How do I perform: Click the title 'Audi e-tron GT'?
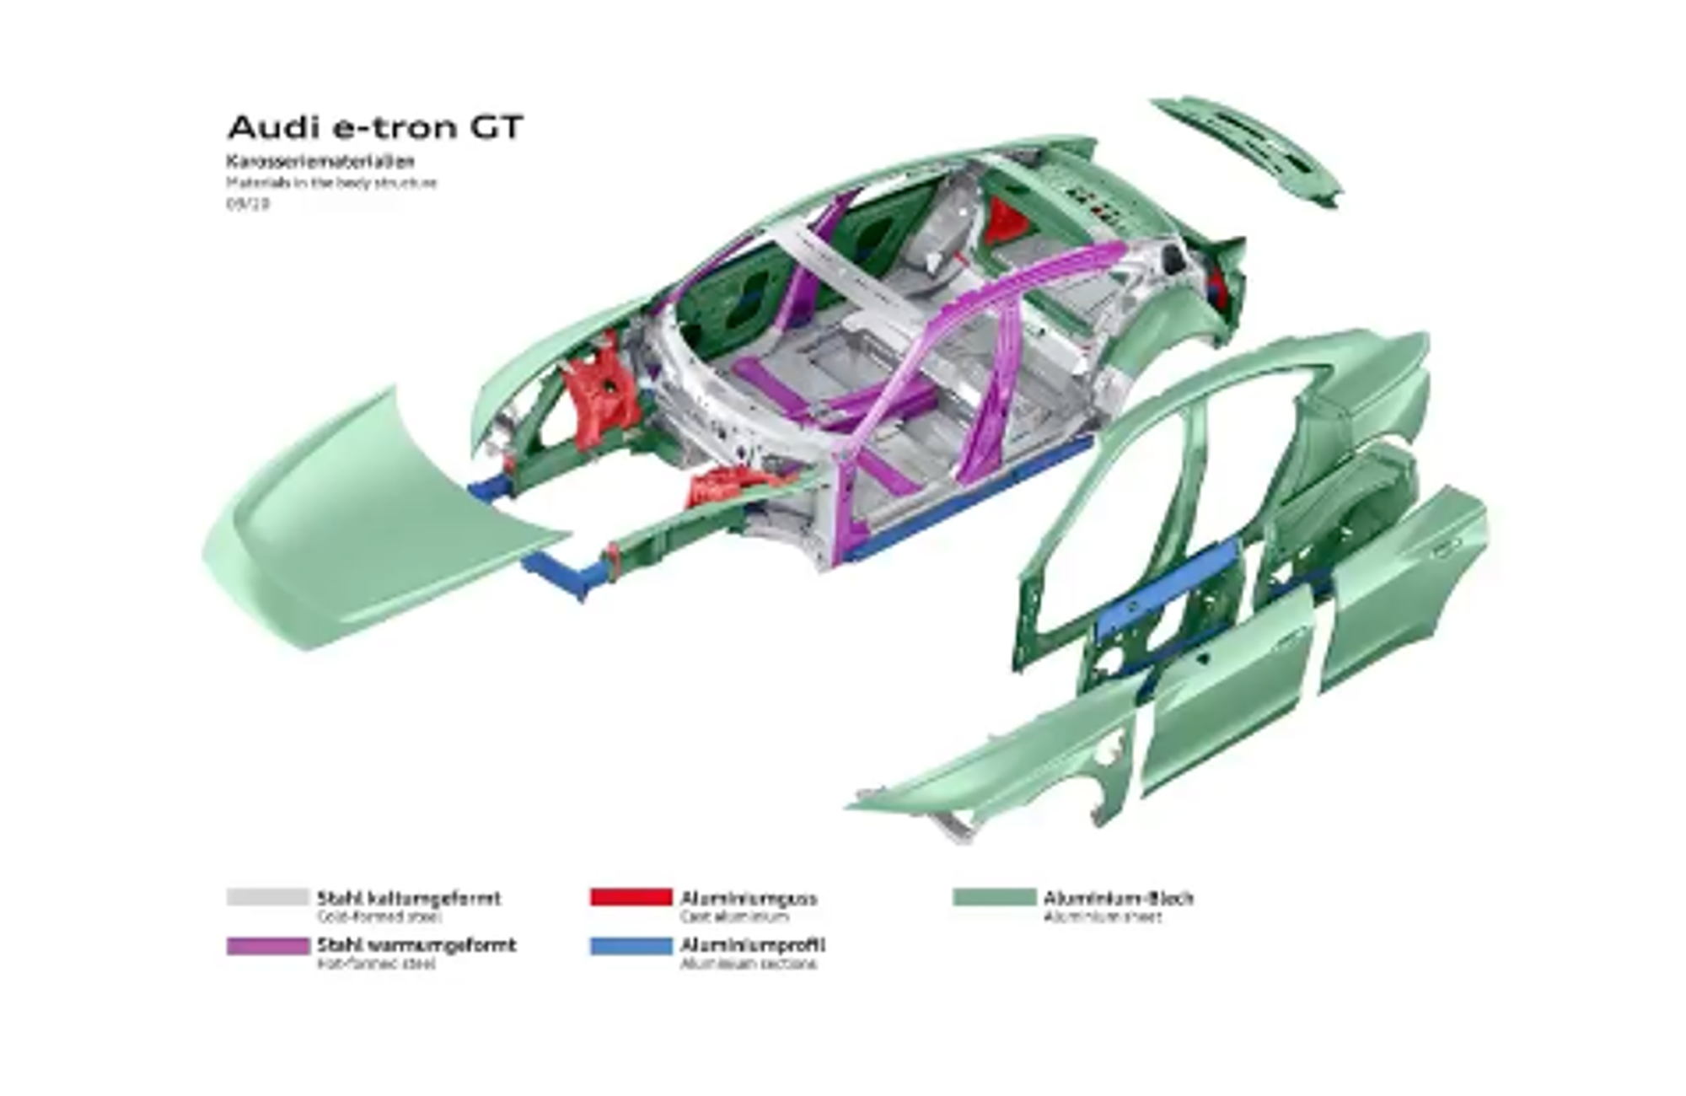pyautogui.click(x=375, y=127)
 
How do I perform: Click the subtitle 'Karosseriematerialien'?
pyautogui.click(x=319, y=161)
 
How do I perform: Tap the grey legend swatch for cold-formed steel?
pyautogui.click(x=267, y=897)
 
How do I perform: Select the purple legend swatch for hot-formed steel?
pyautogui.click(x=267, y=945)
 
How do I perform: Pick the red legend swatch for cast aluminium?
pyautogui.click(x=631, y=897)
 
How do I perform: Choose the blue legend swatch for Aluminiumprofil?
pyautogui.click(x=631, y=945)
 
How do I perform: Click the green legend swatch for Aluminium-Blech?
pyautogui.click(x=994, y=897)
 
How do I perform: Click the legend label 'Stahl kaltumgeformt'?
pyautogui.click(x=408, y=898)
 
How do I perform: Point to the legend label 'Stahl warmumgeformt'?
pyautogui.click(x=416, y=945)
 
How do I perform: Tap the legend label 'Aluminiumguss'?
pyautogui.click(x=748, y=898)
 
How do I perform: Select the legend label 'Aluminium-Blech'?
pyautogui.click(x=1118, y=898)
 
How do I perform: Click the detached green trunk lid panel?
pyautogui.click(x=1248, y=148)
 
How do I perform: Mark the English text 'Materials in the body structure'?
pyautogui.click(x=330, y=182)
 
